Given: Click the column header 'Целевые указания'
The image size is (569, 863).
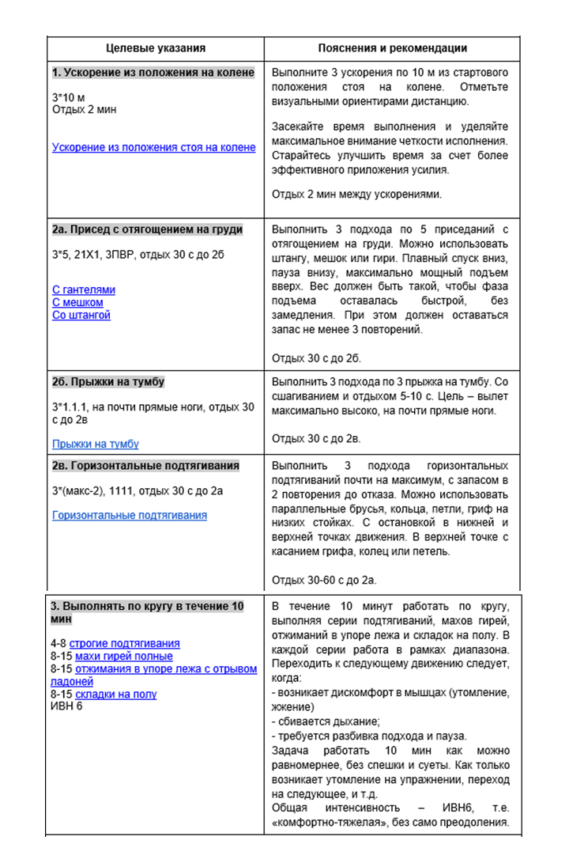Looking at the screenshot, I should (156, 48).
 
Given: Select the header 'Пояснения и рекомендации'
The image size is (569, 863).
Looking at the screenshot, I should (393, 48).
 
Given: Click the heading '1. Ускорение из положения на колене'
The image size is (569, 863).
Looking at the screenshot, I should (153, 73).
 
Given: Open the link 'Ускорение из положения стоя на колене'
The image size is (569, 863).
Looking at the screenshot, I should (153, 147).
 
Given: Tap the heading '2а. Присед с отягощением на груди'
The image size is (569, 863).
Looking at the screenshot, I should (147, 229).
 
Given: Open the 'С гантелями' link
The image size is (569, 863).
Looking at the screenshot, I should (83, 290).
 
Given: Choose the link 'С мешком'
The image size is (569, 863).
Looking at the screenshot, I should (77, 302).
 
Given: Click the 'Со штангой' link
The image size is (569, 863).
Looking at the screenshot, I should (81, 315).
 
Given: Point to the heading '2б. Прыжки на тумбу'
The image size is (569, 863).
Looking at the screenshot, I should (108, 382).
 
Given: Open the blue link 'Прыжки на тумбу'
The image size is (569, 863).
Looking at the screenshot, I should (96, 444).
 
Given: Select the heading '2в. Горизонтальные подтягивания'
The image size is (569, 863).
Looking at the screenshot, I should (145, 466).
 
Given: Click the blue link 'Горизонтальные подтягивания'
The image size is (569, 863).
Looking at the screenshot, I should (130, 515).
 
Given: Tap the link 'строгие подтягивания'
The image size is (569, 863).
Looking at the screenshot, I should (124, 644).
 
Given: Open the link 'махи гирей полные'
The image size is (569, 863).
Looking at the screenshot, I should (123, 656).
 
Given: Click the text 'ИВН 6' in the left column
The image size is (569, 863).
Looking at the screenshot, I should (66, 706).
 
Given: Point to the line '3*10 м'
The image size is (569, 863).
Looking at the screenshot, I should (68, 97).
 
